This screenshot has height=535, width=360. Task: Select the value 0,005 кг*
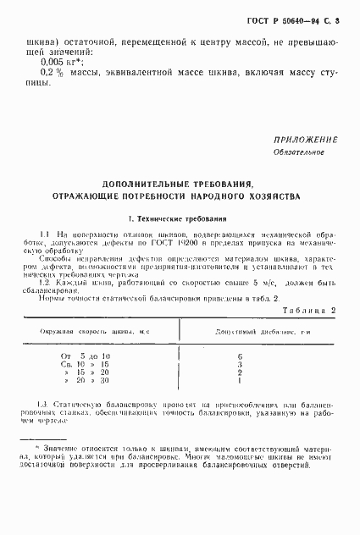click(59, 62)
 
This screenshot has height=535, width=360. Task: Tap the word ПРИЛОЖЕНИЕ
click(305, 140)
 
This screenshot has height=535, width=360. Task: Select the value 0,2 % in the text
click(53, 74)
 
